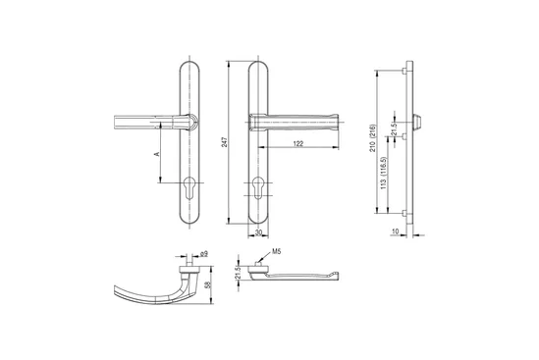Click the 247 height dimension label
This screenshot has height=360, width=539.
tap(225, 142)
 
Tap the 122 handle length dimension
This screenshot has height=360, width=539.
tap(298, 143)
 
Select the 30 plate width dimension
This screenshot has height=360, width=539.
tap(258, 232)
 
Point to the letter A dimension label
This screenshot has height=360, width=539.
tap(157, 154)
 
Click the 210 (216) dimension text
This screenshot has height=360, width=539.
tap(373, 138)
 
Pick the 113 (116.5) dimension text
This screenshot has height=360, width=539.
tap(384, 173)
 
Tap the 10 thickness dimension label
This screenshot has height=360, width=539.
tap(396, 231)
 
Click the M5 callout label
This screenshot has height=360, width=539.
tap(277, 251)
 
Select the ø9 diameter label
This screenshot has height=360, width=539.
tap(204, 254)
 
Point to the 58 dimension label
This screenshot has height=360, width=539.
tap(207, 284)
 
